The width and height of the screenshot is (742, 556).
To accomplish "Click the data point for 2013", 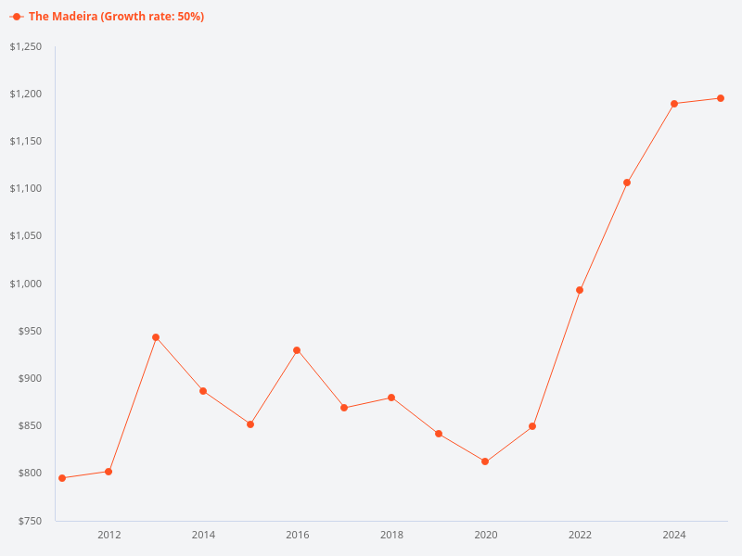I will pos(156,337).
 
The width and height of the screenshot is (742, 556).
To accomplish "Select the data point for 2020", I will pos(485,461).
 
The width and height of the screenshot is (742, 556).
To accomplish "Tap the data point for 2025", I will pos(721,98).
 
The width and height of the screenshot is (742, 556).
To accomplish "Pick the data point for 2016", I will pos(297,350).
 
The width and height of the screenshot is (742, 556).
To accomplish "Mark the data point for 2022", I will pos(580,290).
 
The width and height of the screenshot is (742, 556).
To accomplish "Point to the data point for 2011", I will pos(62,478).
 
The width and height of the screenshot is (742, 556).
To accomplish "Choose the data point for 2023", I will pos(627,183).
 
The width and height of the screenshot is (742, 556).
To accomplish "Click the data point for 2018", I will pos(391,398).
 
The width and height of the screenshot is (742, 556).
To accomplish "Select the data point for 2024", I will pos(674,104).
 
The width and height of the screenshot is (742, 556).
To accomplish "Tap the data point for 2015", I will pos(250,424).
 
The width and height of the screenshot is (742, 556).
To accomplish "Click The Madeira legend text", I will pos(116,17).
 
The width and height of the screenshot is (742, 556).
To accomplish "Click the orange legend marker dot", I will pos(17,17).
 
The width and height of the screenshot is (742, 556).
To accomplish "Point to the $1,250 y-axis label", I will pos(25,47).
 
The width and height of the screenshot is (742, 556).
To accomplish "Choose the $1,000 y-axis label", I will pos(25,284).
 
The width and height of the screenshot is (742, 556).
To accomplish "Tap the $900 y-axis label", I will pos(30,379).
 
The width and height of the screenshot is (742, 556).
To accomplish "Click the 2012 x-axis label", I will pos(109,535).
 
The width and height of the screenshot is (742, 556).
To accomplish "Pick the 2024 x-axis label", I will pos(674,535).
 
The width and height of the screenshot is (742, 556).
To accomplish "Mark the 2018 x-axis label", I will pos(391,535).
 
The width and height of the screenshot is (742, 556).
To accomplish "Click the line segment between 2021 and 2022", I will pos(556,358).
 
